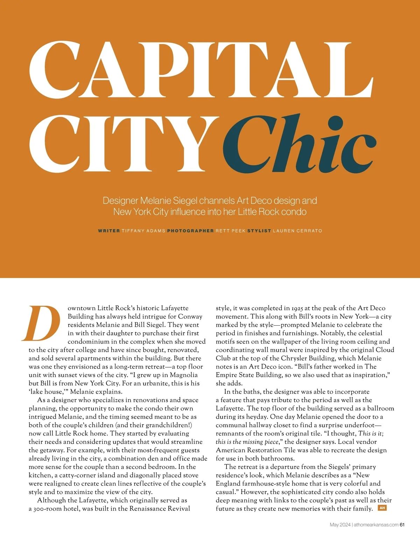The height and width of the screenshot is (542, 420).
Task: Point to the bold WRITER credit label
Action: coord(109,231)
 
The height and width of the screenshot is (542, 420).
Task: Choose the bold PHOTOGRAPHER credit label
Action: coord(190,231)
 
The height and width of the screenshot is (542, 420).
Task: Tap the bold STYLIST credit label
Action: coord(259,231)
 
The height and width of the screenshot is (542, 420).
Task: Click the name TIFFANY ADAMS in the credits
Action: coord(143,231)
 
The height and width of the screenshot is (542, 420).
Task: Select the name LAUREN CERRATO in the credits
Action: coord(297,231)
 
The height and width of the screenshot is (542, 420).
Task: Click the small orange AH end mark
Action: coord(382,508)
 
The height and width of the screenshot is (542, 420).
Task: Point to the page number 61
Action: coord(402,524)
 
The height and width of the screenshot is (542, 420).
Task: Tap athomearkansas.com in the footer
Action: coord(376,524)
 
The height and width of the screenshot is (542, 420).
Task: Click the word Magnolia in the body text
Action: coord(184,375)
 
